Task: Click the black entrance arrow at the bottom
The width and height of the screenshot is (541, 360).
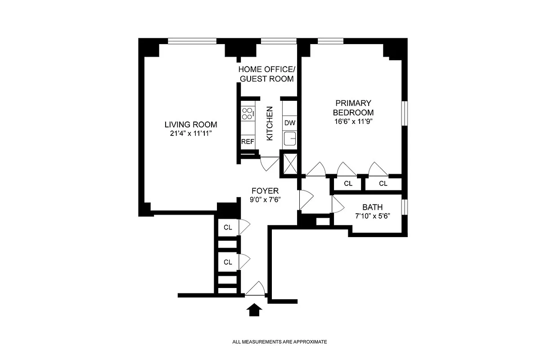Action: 255,310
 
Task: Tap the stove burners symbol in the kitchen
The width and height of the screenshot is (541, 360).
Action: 248,113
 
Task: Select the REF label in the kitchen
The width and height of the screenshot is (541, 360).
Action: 248,141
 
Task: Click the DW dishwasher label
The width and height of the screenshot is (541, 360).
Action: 289,123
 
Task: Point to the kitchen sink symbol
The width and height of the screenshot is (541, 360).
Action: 289,139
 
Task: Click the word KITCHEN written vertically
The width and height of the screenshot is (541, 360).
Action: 270,123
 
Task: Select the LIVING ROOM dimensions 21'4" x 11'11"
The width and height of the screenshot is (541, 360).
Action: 190,133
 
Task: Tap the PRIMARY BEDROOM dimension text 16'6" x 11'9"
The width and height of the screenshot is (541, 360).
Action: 353,121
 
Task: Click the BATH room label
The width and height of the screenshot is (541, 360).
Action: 372,207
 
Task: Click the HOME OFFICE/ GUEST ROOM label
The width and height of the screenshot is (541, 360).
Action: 266,74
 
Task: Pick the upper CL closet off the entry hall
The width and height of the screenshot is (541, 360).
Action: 228,227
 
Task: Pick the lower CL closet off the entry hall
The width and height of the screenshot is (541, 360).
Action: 228,262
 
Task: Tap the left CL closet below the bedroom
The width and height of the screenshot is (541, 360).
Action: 348,184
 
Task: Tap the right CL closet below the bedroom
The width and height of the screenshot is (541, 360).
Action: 383,184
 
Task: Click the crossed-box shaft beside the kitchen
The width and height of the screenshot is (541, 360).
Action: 289,162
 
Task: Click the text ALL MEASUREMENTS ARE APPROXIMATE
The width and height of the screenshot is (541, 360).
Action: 280,342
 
